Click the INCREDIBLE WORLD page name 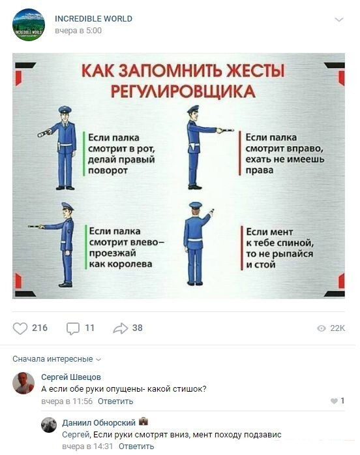click(x=93, y=18)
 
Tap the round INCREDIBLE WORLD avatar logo click(x=29, y=25)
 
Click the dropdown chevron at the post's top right click(x=339, y=20)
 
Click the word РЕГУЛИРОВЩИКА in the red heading click(x=183, y=91)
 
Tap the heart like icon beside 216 click(x=20, y=328)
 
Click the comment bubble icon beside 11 click(x=73, y=329)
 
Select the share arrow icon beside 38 click(x=120, y=328)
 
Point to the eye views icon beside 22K click(x=321, y=328)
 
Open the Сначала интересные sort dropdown click(x=57, y=359)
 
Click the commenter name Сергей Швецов click(x=71, y=377)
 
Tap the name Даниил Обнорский click(x=98, y=422)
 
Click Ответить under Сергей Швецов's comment click(x=115, y=401)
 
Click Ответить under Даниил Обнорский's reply click(x=136, y=446)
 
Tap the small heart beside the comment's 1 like click(x=334, y=401)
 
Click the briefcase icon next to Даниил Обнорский click(x=143, y=421)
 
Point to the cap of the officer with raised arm click(x=196, y=206)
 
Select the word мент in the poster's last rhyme click(x=281, y=232)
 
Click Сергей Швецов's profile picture click(x=23, y=383)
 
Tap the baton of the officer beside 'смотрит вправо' click(x=225, y=131)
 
